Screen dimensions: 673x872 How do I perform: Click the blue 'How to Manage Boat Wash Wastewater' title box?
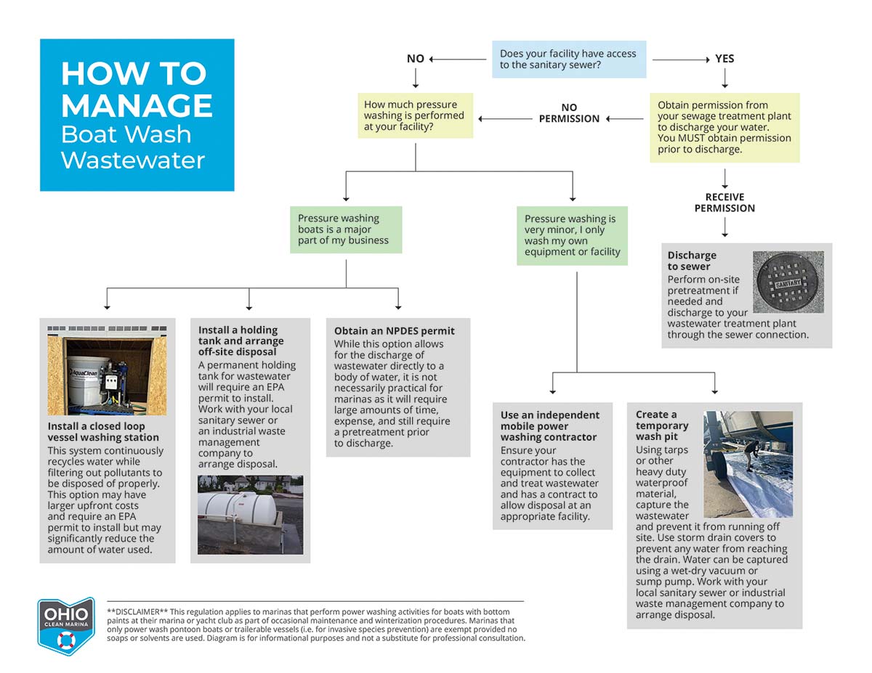(137, 115)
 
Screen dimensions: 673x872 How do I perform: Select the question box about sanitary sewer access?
(568, 60)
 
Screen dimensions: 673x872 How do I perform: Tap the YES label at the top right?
(724, 59)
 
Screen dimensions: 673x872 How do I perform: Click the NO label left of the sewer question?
(415, 59)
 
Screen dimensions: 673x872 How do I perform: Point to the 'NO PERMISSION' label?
(569, 113)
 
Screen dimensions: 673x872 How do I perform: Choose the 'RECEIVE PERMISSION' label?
(724, 203)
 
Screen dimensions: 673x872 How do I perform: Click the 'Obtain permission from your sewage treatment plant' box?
(724, 127)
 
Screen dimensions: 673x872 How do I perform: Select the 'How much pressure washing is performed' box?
(415, 115)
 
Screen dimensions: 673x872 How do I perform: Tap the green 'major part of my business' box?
(346, 229)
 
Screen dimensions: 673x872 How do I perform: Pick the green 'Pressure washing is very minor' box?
(572, 235)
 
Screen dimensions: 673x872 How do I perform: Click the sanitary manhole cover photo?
(788, 282)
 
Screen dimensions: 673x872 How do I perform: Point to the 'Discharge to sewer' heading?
(692, 261)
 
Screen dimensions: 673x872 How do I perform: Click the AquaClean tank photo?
(107, 370)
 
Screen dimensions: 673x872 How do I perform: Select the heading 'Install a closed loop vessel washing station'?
(103, 432)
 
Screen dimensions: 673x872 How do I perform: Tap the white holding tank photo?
(250, 515)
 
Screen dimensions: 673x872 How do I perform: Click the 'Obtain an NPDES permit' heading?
(394, 331)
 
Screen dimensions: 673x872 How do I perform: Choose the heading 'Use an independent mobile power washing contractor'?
(550, 426)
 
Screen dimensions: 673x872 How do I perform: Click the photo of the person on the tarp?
(748, 465)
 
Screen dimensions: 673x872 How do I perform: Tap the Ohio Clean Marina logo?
(66, 626)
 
